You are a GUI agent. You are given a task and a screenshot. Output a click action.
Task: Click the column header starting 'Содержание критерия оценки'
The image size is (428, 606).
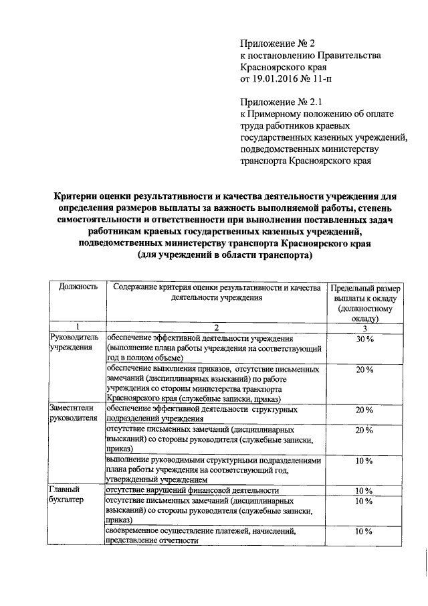tap(215, 292)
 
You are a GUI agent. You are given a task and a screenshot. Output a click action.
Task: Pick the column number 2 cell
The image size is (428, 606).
tap(215, 327)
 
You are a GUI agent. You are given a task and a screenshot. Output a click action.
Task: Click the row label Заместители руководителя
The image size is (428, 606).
tap(74, 413)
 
